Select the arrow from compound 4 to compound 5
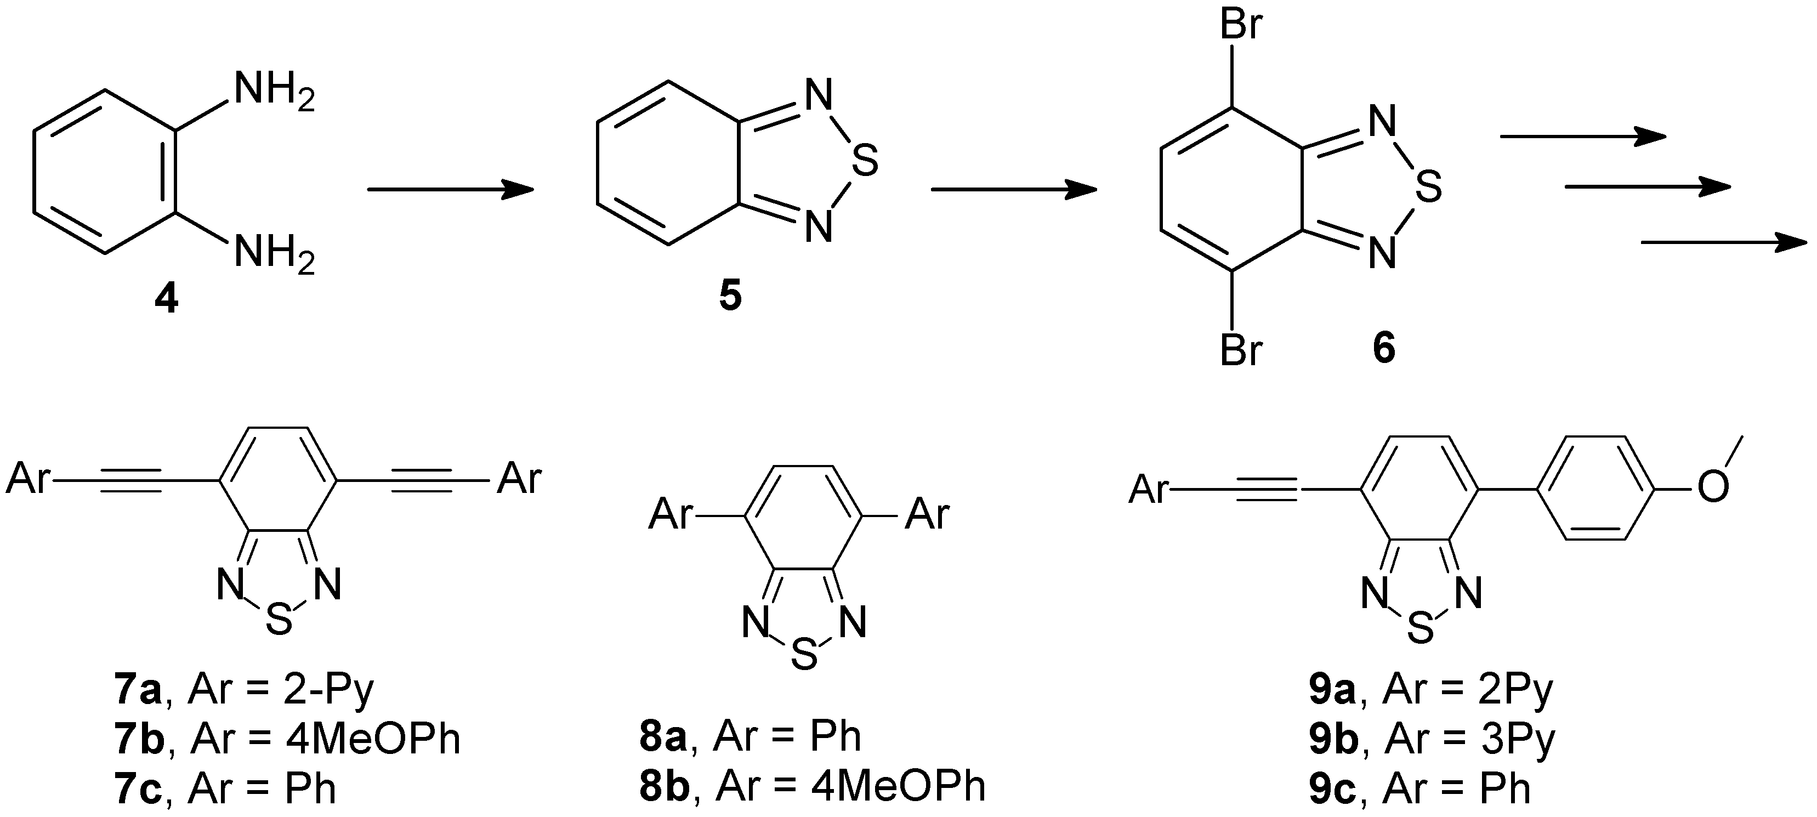450,189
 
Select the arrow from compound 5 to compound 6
1014,189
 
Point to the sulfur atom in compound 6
1428,189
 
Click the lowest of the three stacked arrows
1724,243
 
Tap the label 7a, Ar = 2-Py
243,691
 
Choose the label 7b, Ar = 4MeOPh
286,739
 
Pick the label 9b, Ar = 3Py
1432,739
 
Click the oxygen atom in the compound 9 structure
1713,487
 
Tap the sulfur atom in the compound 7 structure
279,621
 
